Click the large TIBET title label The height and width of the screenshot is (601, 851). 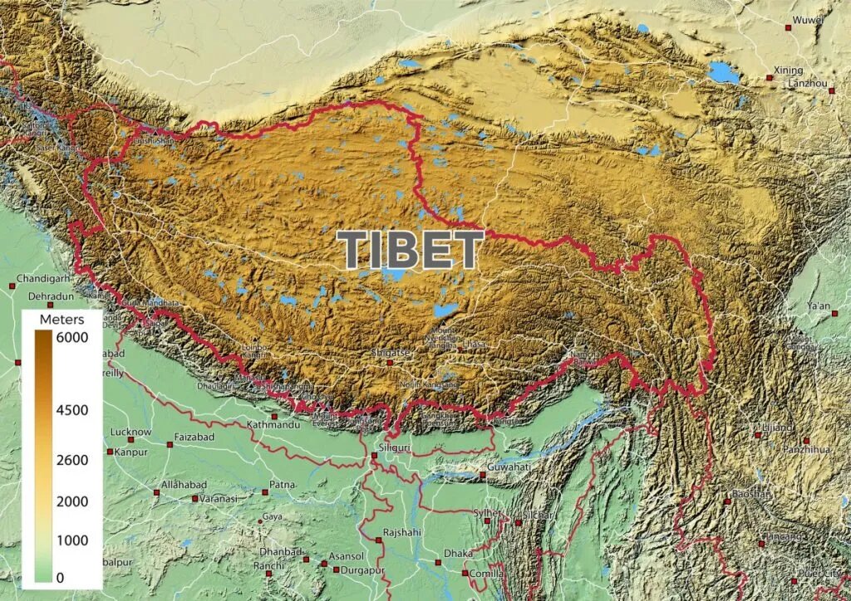pyautogui.click(x=411, y=250)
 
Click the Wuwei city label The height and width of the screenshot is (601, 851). pyautogui.click(x=807, y=18)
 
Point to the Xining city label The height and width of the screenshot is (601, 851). pyautogui.click(x=788, y=70)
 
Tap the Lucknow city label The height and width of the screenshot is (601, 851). pyautogui.click(x=130, y=432)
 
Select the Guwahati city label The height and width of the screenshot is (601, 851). pyautogui.click(x=509, y=467)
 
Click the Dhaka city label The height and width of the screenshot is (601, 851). pyautogui.click(x=458, y=553)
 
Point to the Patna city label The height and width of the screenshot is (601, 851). pyautogui.click(x=283, y=485)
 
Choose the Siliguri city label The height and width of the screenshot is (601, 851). pyautogui.click(x=394, y=447)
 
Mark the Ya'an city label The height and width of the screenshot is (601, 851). pyautogui.click(x=818, y=307)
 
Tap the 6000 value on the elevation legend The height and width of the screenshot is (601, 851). pyautogui.click(x=72, y=338)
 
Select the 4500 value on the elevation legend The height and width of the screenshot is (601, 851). pyautogui.click(x=72, y=409)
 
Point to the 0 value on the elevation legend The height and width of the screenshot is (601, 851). pyautogui.click(x=61, y=577)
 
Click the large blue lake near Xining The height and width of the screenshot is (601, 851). pyautogui.click(x=723, y=73)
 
